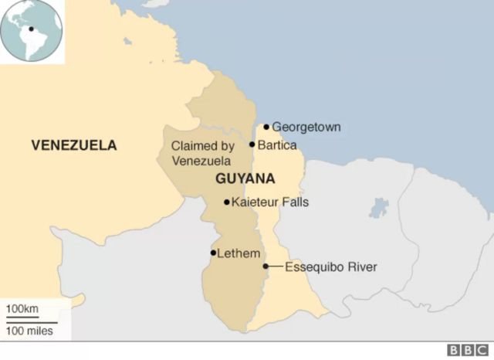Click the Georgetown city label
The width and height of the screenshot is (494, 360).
click(306, 127)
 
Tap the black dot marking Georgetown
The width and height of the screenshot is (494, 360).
click(266, 127)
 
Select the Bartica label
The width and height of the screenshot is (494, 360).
click(278, 144)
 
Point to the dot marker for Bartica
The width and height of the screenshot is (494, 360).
click(252, 144)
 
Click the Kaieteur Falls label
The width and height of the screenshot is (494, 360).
click(266, 202)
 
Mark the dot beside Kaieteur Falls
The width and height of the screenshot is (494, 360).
click(226, 202)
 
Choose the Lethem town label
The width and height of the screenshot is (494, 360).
click(239, 253)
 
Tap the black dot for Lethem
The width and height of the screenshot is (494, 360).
click(213, 253)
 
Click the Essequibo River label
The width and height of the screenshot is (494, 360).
click(331, 267)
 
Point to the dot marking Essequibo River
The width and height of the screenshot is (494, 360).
click(266, 267)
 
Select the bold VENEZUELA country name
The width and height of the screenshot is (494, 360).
click(74, 144)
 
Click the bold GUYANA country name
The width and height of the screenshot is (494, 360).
click(245, 178)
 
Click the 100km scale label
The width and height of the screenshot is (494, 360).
click(22, 310)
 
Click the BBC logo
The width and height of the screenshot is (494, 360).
click(464, 349)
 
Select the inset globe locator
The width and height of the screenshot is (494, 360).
click(32, 31)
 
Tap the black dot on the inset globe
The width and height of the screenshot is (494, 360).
click(31, 30)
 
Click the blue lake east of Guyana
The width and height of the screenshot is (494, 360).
click(378, 208)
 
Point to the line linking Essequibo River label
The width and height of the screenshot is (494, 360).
click(275, 267)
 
